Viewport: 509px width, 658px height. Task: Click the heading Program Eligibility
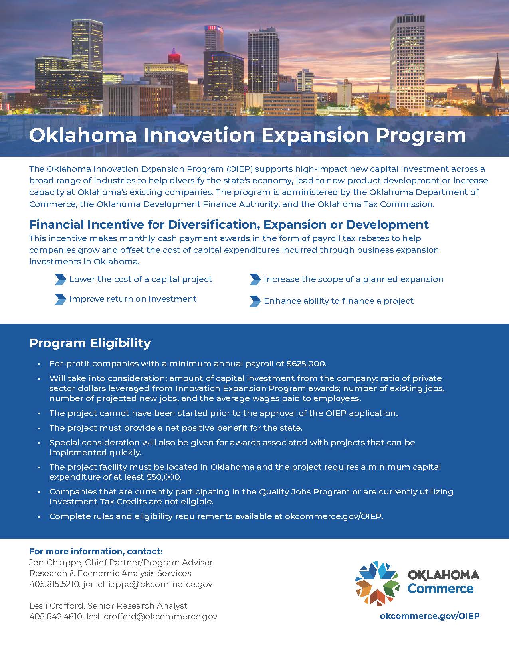point(90,343)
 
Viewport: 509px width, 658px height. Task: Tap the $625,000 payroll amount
point(306,364)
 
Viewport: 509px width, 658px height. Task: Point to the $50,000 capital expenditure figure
point(164,477)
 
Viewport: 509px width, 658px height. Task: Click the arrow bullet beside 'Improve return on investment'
point(61,299)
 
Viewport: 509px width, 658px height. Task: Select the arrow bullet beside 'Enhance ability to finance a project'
point(255,301)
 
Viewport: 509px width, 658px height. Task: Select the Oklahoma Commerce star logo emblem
point(377,583)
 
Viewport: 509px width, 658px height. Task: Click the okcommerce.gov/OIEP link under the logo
point(430,616)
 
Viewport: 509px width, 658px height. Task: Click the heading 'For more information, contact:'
point(96,552)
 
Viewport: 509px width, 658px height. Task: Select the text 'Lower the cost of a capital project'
point(141,279)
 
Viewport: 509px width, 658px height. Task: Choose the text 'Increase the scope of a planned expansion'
point(353,279)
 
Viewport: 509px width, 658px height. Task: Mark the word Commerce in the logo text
point(440,589)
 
